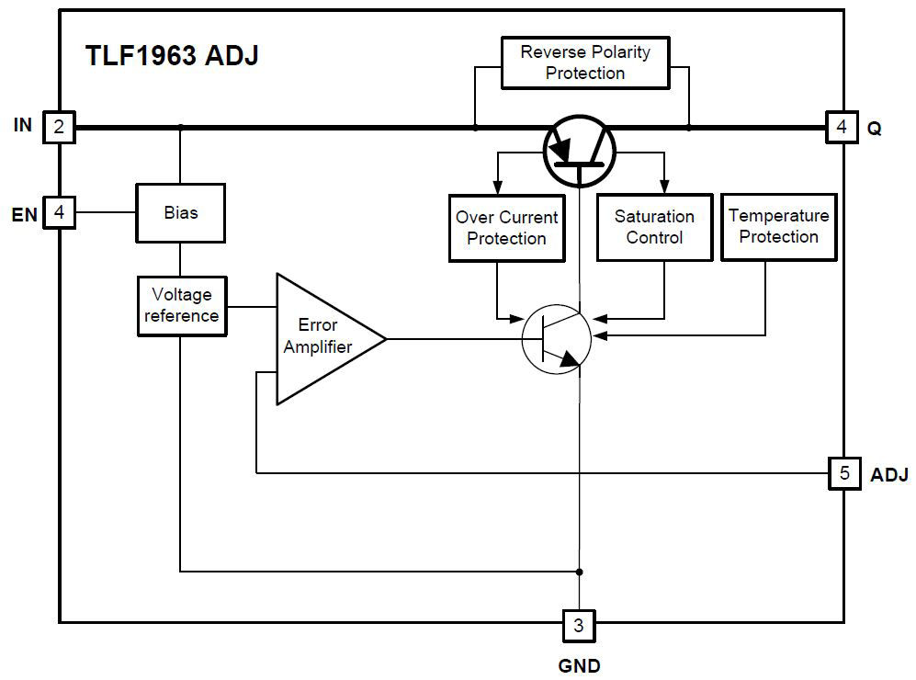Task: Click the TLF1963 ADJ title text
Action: coord(172,55)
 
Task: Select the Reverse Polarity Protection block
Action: coord(585,62)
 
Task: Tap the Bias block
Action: coord(181,212)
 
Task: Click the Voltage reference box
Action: coord(182,305)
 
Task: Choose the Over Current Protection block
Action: coord(506,228)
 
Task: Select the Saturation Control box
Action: coord(654,227)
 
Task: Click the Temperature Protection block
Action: coord(778,226)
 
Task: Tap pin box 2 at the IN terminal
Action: coord(59,127)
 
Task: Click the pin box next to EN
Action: coord(59,213)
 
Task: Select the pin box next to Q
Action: coord(842,127)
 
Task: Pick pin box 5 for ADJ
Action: coord(843,473)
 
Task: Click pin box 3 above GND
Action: coord(578,626)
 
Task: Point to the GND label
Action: coord(579,665)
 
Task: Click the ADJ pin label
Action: coord(888,475)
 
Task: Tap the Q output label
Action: coord(874,129)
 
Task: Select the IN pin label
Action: coord(23,125)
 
